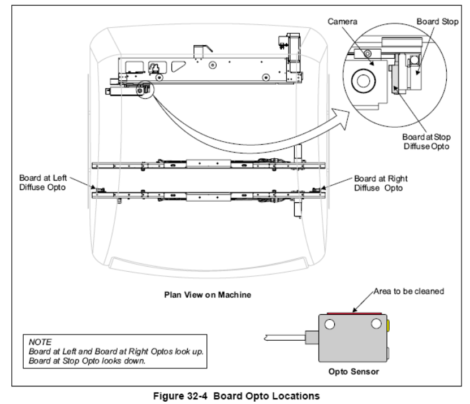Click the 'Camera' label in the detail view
(x=342, y=21)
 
